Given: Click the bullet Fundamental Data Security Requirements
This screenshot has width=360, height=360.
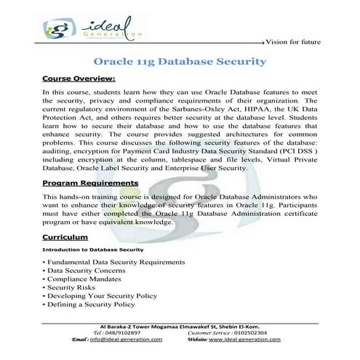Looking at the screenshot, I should (x=116, y=262).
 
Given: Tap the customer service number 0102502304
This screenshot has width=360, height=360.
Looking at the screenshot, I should (x=272, y=332).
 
